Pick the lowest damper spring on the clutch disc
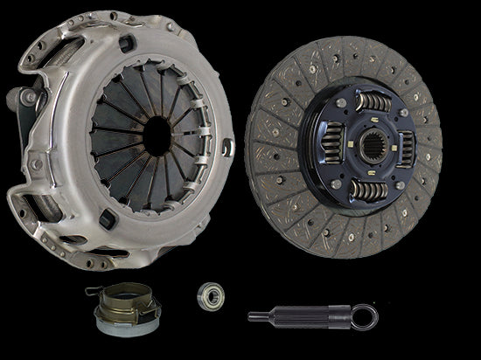click(x=366, y=191)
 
